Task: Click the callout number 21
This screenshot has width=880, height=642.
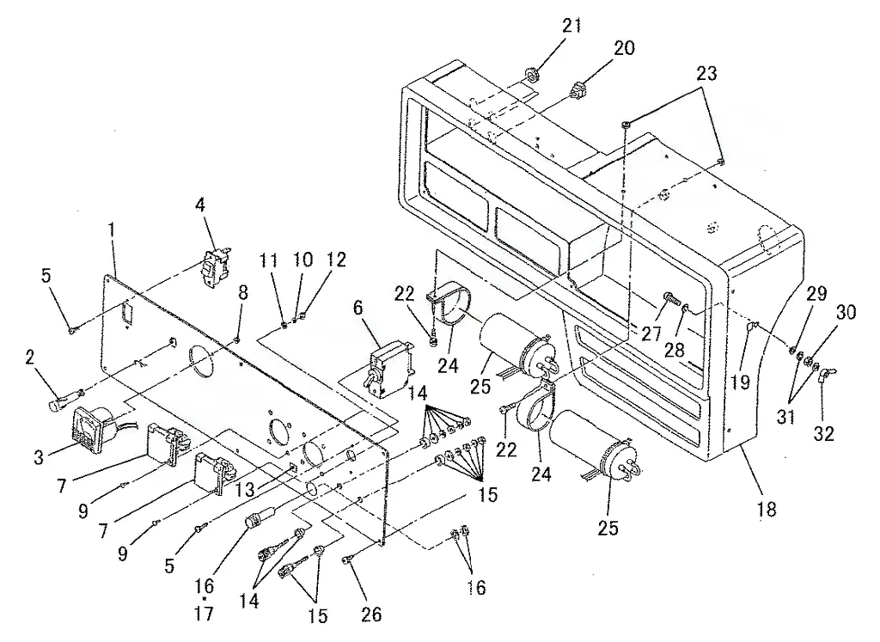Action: [571, 27]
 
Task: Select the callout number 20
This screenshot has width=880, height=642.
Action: [623, 48]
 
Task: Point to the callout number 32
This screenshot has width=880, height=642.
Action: [823, 433]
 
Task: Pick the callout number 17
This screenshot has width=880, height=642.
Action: [205, 613]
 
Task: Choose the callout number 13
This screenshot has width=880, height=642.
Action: [245, 489]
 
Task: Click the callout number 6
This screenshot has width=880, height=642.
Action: [358, 308]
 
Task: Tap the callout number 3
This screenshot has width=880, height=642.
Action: [38, 457]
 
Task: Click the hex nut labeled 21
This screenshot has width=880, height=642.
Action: [530, 74]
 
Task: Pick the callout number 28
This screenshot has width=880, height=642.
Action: [674, 350]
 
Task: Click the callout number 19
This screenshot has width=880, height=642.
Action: [740, 382]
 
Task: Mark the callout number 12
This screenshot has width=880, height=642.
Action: [336, 260]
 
